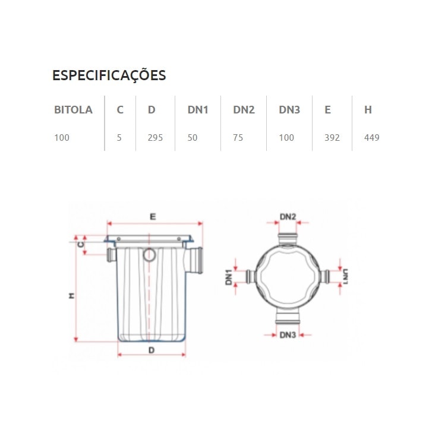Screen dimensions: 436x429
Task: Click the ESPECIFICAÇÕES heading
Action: click(x=109, y=75)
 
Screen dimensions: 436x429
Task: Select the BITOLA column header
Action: click(x=73, y=110)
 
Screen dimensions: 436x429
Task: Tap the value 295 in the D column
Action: click(x=155, y=138)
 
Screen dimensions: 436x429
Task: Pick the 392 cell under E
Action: click(x=332, y=138)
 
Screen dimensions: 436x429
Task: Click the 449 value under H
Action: click(x=372, y=138)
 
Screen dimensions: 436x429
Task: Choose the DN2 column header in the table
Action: click(x=244, y=110)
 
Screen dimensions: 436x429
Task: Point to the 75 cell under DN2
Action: click(x=238, y=138)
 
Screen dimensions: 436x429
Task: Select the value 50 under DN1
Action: click(x=193, y=138)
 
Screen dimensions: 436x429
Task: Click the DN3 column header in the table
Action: click(x=289, y=110)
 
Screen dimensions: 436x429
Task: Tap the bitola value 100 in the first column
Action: click(x=62, y=138)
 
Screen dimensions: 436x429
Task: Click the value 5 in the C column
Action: click(x=119, y=138)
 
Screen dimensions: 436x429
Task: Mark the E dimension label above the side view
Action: click(x=153, y=217)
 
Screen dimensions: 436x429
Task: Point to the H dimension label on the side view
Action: click(x=71, y=295)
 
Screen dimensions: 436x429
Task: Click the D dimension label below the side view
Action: click(x=152, y=350)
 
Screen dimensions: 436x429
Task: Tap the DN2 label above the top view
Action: click(x=288, y=217)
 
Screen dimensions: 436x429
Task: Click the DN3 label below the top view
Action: click(x=288, y=335)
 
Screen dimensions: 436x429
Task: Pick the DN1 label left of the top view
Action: click(x=229, y=277)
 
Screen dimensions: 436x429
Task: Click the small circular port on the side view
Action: click(x=149, y=255)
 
